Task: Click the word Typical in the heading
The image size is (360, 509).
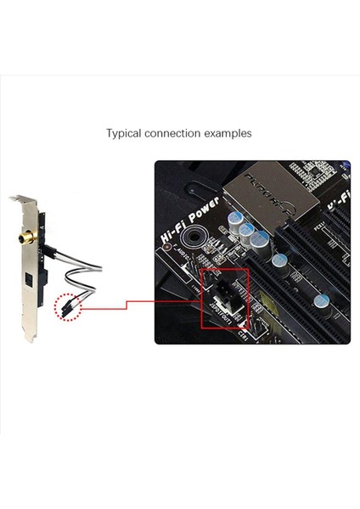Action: [124, 133]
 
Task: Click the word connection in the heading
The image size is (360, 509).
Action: [176, 133]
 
